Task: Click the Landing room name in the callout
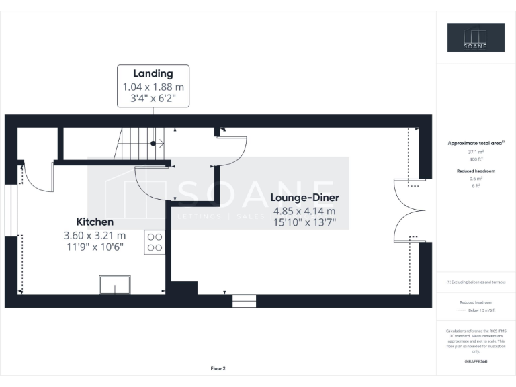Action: pos(153,73)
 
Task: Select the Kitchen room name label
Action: pos(95,222)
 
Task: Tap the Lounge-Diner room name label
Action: pos(304,198)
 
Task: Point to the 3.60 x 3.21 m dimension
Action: pos(95,235)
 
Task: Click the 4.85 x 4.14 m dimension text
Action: pos(304,210)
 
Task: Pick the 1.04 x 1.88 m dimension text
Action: pos(153,87)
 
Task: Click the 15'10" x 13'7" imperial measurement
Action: pos(304,222)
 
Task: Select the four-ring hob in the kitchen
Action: pos(154,242)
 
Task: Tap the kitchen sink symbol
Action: pos(116,285)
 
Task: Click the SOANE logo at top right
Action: pos(476,38)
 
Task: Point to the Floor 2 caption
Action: pos(218,368)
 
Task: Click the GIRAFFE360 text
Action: pos(476,361)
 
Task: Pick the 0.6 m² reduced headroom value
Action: pos(476,179)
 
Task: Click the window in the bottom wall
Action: pos(245,301)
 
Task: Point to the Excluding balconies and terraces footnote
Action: pos(476,282)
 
